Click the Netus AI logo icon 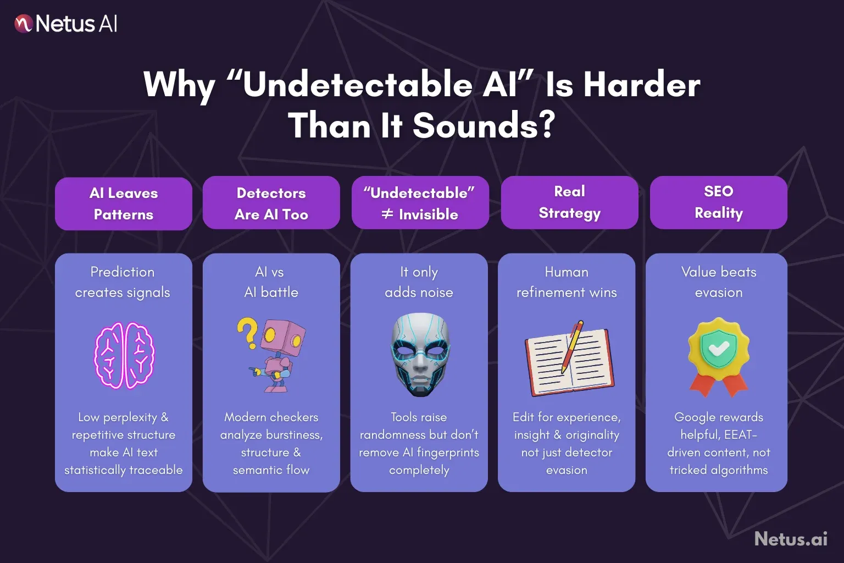tap(24, 24)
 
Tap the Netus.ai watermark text tap(791, 539)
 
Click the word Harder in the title tap(641, 86)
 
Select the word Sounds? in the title tap(484, 126)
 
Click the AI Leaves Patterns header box tap(124, 203)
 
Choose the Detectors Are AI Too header tap(271, 203)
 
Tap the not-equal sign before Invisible tap(387, 214)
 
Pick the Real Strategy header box tap(570, 202)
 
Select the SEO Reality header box tap(719, 202)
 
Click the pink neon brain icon tap(125, 355)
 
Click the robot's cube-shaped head tap(283, 336)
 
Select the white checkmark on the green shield tap(719, 348)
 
